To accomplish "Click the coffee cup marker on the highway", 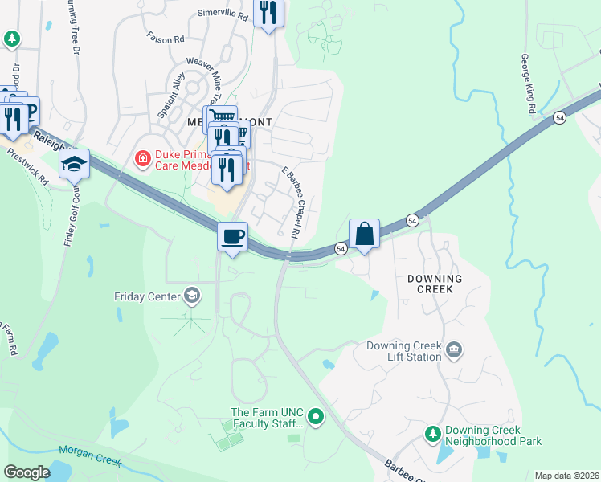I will point(233,238).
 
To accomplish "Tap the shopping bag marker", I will point(364,234).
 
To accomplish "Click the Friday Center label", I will point(146,297).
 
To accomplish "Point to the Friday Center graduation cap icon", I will point(192,296).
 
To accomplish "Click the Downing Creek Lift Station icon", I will point(454,349).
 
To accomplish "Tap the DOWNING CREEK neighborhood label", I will point(434,284).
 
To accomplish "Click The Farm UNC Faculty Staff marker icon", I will point(315,416).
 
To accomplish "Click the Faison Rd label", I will point(166,38).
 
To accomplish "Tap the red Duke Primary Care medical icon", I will point(143,159).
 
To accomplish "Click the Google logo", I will point(27,472).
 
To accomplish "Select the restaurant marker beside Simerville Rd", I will point(268,13).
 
